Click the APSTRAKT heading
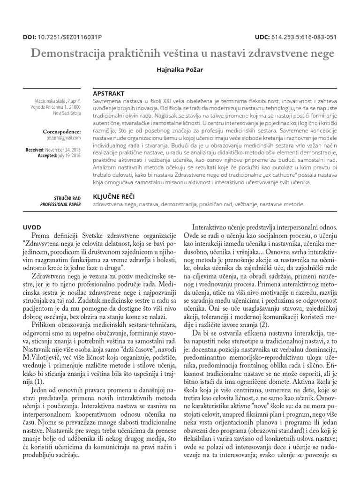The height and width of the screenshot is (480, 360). (x=109, y=93)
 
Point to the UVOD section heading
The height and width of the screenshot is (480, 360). (x=33, y=227)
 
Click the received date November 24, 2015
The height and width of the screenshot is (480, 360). (x=63, y=149)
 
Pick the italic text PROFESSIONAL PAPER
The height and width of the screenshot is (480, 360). (x=60, y=205)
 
